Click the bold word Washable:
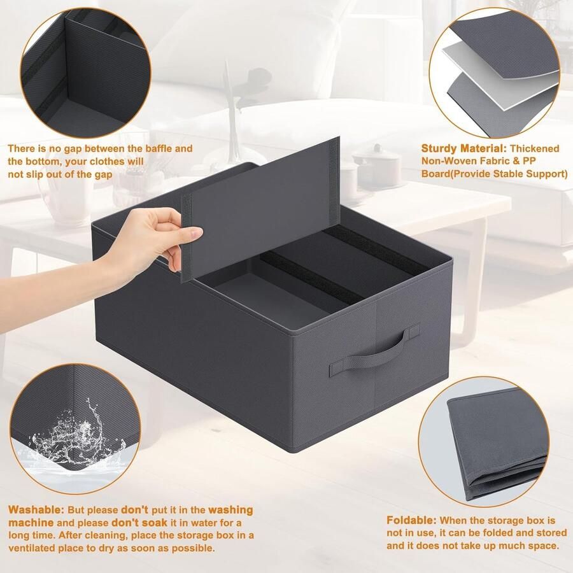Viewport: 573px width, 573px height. point(35,510)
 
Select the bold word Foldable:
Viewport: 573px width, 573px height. point(411,520)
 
